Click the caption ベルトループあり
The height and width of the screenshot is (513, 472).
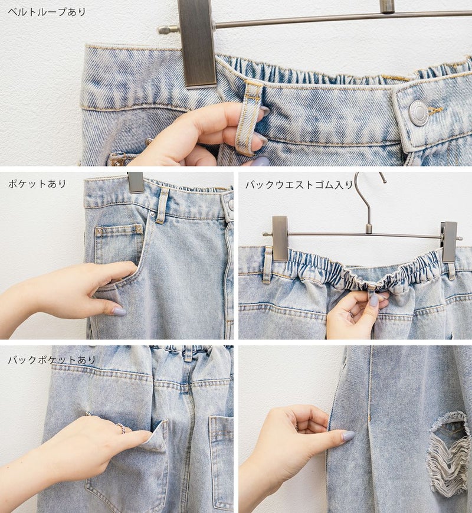point(47,12)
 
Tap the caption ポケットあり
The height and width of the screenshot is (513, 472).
point(37,184)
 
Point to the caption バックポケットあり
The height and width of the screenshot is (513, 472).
point(52,360)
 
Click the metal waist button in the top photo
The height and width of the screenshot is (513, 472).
point(418,113)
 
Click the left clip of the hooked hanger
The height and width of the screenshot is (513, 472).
point(280,238)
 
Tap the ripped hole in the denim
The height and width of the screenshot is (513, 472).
point(450,451)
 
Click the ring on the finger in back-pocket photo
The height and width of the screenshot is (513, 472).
point(120,428)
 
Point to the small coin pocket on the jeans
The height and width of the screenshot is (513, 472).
point(119,242)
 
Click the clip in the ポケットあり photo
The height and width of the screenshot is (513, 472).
point(136,182)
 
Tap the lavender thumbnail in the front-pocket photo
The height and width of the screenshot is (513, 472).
point(119,311)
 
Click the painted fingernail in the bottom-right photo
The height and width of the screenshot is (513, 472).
point(348,436)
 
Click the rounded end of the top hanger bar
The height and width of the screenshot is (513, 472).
point(163,30)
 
